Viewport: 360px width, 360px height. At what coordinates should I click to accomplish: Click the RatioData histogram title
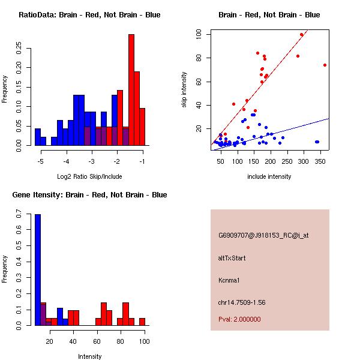pos(89,15)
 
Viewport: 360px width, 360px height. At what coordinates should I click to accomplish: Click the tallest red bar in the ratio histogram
pos(131,90)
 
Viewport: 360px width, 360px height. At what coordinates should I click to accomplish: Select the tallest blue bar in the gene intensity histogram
pos(38,270)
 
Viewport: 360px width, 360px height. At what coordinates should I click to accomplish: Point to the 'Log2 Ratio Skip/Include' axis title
pos(89,176)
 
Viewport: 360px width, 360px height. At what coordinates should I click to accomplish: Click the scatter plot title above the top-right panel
pos(269,15)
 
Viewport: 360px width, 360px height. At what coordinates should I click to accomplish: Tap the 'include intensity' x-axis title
pos(269,176)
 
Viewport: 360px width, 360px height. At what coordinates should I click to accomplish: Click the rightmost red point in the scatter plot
pos(325,65)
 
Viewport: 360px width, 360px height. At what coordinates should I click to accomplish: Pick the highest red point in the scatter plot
pos(301,34)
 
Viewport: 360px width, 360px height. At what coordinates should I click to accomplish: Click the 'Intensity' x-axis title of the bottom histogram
pos(89,356)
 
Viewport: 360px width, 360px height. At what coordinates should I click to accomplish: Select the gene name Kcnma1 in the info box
pos(229,280)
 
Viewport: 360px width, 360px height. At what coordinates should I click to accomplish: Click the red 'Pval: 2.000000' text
pos(239,319)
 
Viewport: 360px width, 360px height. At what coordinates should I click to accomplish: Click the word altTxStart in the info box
pos(232,258)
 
